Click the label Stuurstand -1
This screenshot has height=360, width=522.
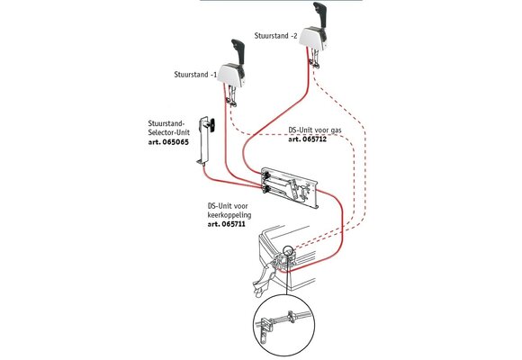pos(195,75)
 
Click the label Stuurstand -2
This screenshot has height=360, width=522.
pos(275,36)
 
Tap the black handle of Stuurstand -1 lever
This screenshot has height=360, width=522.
pos(238,51)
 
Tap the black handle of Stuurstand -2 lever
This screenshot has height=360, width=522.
pos(321,14)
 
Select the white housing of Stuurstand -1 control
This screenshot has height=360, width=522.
pos(233,75)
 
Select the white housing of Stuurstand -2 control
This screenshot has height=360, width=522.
pos(314,38)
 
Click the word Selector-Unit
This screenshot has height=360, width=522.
pos(169,132)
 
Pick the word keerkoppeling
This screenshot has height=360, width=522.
pos(229,215)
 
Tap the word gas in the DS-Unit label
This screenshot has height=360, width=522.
pos(336,130)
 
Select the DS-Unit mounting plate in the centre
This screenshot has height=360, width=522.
pos(291,188)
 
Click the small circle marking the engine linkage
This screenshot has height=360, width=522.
pos(288,251)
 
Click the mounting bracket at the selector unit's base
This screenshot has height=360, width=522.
pos(202,162)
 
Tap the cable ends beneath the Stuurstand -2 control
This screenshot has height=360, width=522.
pos(314,60)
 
